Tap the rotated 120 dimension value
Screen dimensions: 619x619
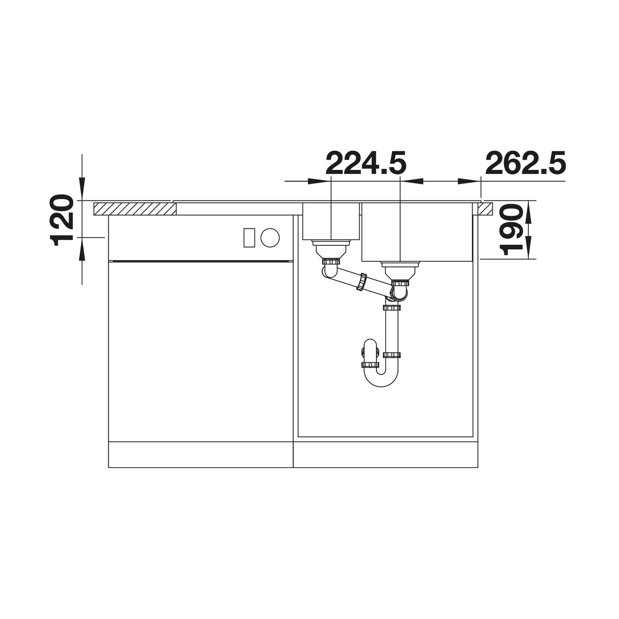pyautogui.click(x=61, y=220)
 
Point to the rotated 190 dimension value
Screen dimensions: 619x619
pyautogui.click(x=512, y=230)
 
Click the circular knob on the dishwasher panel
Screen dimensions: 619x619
pyautogui.click(x=270, y=238)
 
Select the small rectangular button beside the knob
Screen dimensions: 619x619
pyautogui.click(x=249, y=238)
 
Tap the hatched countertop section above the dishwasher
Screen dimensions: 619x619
pyautogui.click(x=135, y=209)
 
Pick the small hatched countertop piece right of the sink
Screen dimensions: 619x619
pyautogui.click(x=486, y=209)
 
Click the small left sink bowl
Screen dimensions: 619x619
pyautogui.click(x=331, y=221)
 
